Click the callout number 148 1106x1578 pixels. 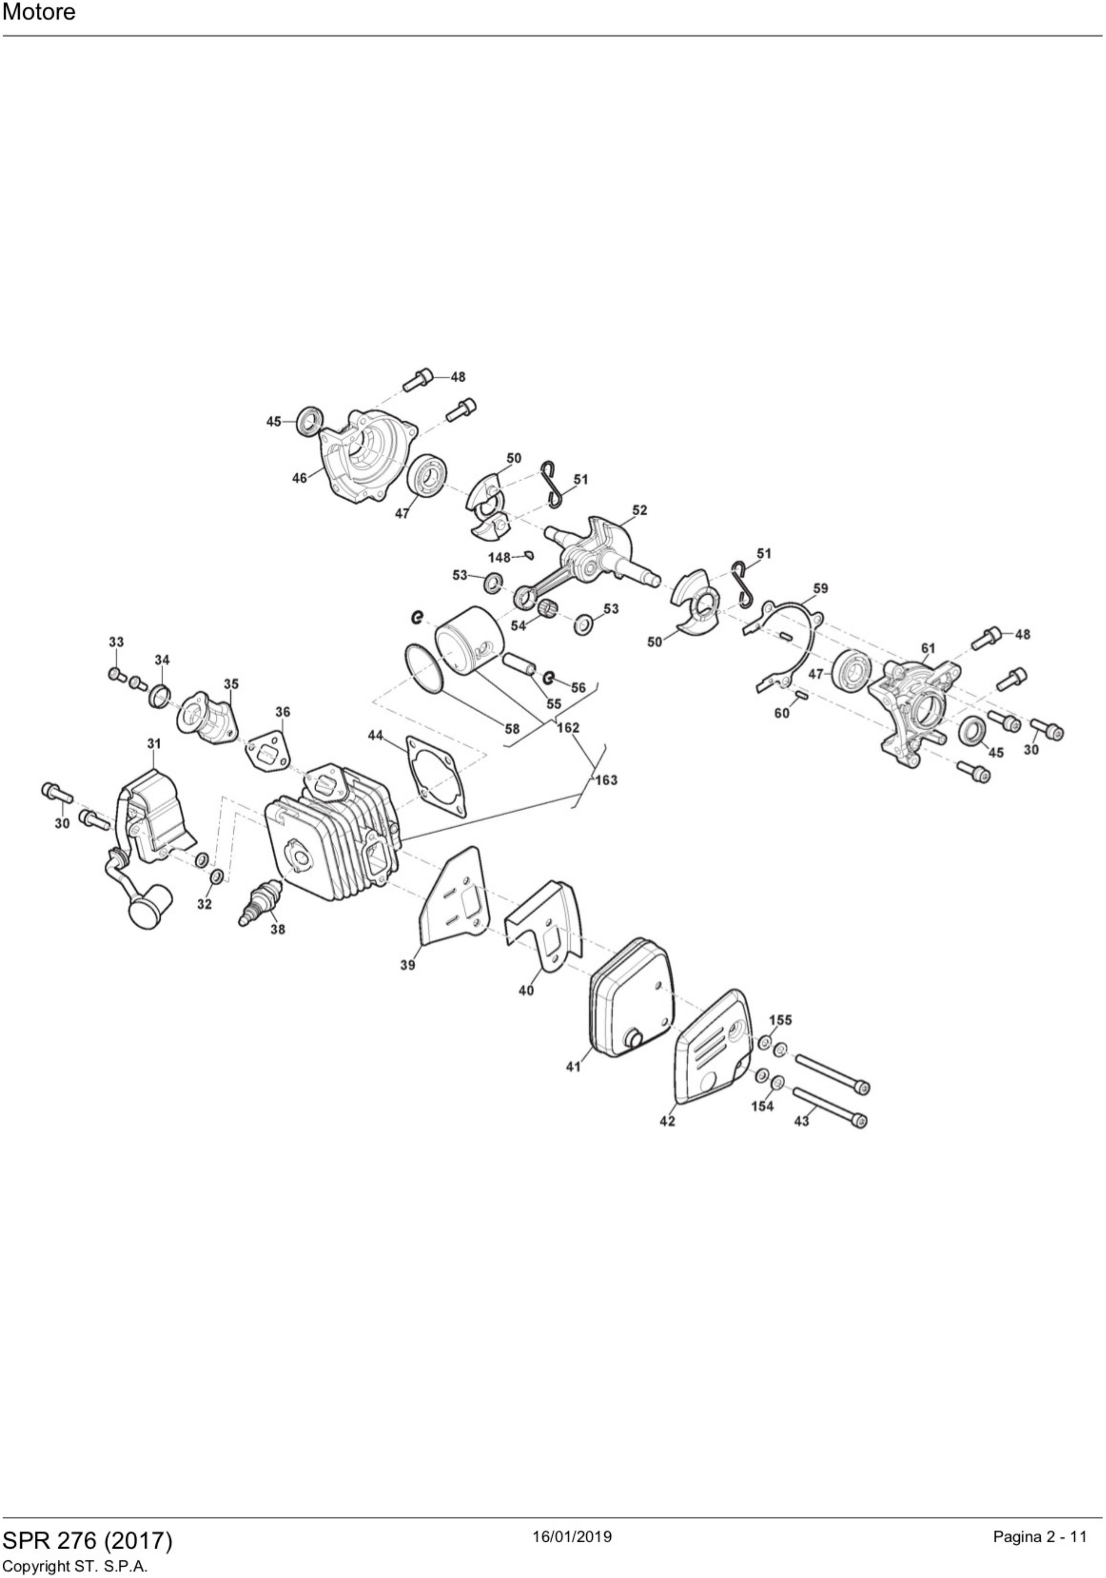pos(499,557)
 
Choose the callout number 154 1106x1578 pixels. pos(762,1106)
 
